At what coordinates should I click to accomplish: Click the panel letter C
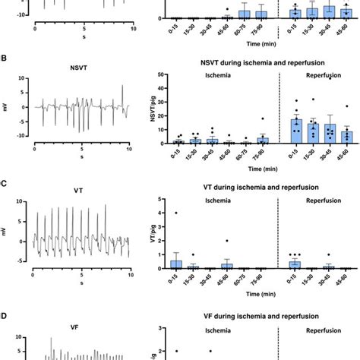point(6,183)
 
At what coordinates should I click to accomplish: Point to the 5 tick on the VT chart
point(163,200)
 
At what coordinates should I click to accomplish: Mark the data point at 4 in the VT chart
point(176,213)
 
